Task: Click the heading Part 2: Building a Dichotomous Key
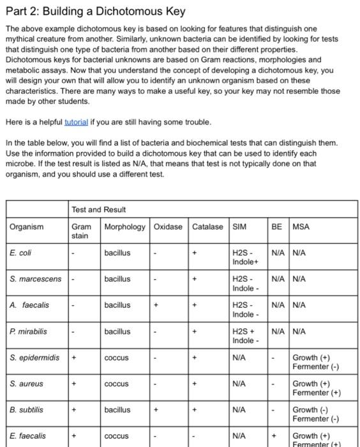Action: (x=96, y=12)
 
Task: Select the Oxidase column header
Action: (x=169, y=227)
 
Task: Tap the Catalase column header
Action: (x=208, y=227)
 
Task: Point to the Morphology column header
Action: (x=125, y=227)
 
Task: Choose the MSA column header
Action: (x=301, y=227)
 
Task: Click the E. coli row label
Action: (x=21, y=253)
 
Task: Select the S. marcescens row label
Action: (x=36, y=279)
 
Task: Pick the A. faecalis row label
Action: (x=30, y=305)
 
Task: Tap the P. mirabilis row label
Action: (x=29, y=331)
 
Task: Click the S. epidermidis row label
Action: (x=34, y=358)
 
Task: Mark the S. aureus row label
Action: (x=26, y=384)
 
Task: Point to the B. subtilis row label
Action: (x=27, y=410)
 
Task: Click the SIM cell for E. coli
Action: (x=245, y=257)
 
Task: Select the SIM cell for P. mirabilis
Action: (x=245, y=336)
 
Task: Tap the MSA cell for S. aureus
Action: (x=315, y=388)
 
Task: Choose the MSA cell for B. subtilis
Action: (x=315, y=414)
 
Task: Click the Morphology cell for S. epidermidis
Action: (x=117, y=358)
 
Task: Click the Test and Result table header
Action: (x=99, y=209)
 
